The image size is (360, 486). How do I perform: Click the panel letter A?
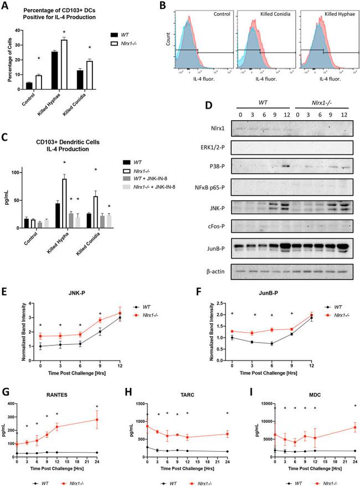(x=8, y=6)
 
